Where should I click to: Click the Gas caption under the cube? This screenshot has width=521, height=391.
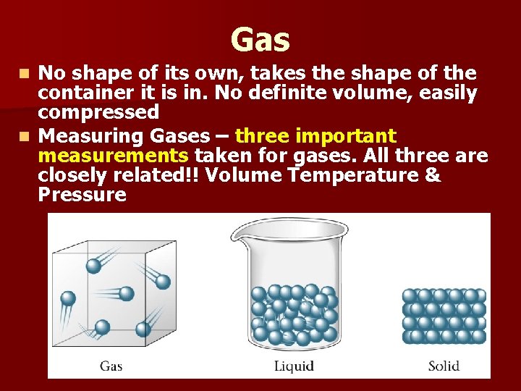click(x=111, y=366)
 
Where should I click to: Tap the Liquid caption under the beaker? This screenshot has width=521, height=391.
click(x=294, y=366)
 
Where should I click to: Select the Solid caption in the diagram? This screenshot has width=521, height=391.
click(x=444, y=366)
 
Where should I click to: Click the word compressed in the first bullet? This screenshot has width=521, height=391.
click(x=98, y=113)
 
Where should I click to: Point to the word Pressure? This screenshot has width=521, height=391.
click(x=82, y=195)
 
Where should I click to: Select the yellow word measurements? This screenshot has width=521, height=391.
click(x=114, y=156)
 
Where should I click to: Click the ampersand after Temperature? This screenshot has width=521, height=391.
click(x=431, y=176)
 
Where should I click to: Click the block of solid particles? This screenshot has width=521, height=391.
click(x=444, y=316)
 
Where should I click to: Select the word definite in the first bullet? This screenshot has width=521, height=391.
click(x=338, y=93)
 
